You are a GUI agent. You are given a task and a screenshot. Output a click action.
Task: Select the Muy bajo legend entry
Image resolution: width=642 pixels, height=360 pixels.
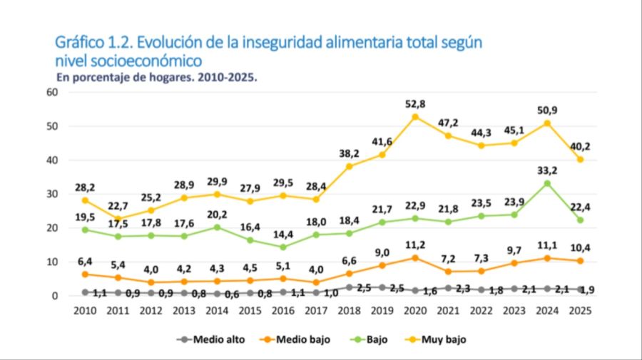click(442, 339)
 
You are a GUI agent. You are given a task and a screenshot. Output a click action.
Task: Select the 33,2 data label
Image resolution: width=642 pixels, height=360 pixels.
click(546, 170)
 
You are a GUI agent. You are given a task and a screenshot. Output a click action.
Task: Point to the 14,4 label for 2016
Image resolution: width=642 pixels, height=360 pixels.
click(284, 233)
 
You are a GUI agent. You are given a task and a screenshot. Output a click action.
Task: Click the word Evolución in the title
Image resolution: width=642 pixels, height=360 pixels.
click(165, 42)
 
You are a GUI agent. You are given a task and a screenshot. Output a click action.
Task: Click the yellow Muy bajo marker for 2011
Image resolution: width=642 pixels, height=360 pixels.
click(118, 219)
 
